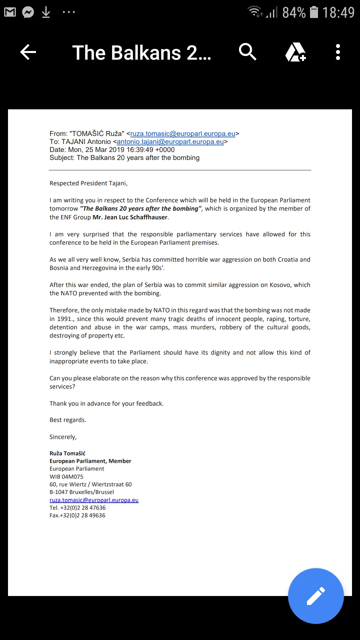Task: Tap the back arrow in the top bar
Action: tap(28, 52)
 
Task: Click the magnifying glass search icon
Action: tap(247, 52)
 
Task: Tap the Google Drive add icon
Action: tap(296, 52)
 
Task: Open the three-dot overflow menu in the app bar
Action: tap(338, 52)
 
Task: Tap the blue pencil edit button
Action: tap(316, 596)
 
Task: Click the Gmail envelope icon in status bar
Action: tap(10, 12)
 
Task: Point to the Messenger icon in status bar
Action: tap(28, 12)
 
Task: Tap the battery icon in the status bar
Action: tap(314, 12)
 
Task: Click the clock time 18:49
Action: tap(338, 13)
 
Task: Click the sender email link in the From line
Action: tap(183, 134)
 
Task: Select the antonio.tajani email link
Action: tap(170, 142)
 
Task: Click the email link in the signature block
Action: tap(94, 500)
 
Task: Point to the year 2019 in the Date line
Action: tap(117, 150)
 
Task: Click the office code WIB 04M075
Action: tap(66, 477)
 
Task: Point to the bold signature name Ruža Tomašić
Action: tap(67, 453)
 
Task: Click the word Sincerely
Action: tap(63, 437)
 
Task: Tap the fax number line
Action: tap(77, 515)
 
